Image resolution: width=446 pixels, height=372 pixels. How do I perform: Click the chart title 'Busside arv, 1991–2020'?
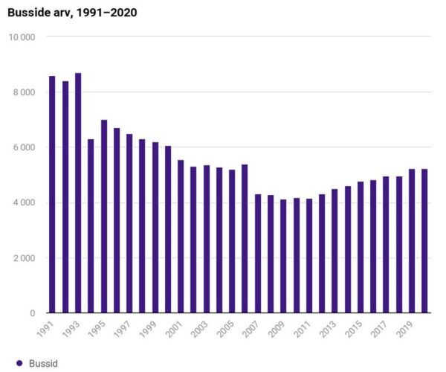[x=72, y=13]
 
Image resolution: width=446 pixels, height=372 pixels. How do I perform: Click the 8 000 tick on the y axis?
[x=28, y=92]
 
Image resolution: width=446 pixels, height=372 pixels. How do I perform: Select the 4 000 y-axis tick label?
[x=28, y=202]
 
